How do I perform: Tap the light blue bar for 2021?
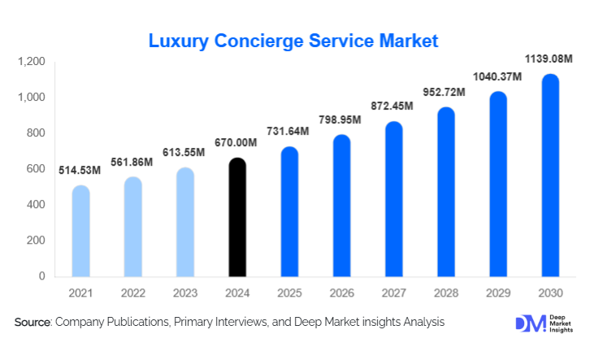click(x=80, y=231)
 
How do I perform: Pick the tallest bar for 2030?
click(x=549, y=175)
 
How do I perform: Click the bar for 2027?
click(x=393, y=199)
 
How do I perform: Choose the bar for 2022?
click(x=132, y=227)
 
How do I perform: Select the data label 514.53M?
click(x=80, y=171)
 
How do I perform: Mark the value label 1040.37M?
click(x=497, y=76)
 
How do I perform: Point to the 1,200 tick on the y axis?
click(x=32, y=62)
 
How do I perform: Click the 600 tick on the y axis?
click(x=37, y=169)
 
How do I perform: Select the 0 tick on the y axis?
click(x=42, y=276)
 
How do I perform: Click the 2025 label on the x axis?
click(x=289, y=292)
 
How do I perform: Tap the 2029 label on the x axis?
click(x=497, y=292)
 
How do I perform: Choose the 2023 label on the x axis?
click(x=184, y=292)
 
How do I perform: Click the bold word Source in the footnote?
click(x=33, y=323)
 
